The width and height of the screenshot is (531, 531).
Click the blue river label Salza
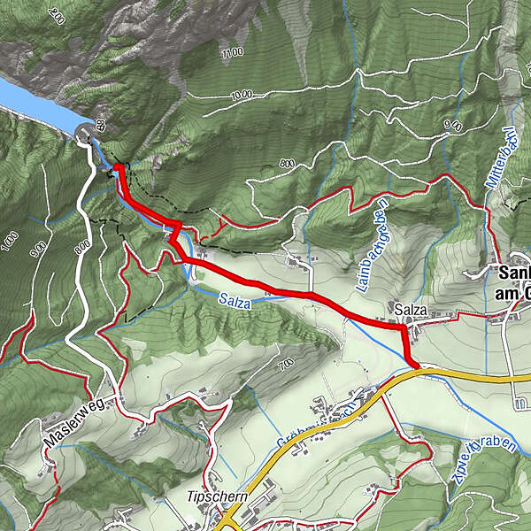pos(234,303)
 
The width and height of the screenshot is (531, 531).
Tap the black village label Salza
pos(412,311)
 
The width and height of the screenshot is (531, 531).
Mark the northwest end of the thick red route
pos(118,165)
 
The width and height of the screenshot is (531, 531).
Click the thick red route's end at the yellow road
pos(415,363)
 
